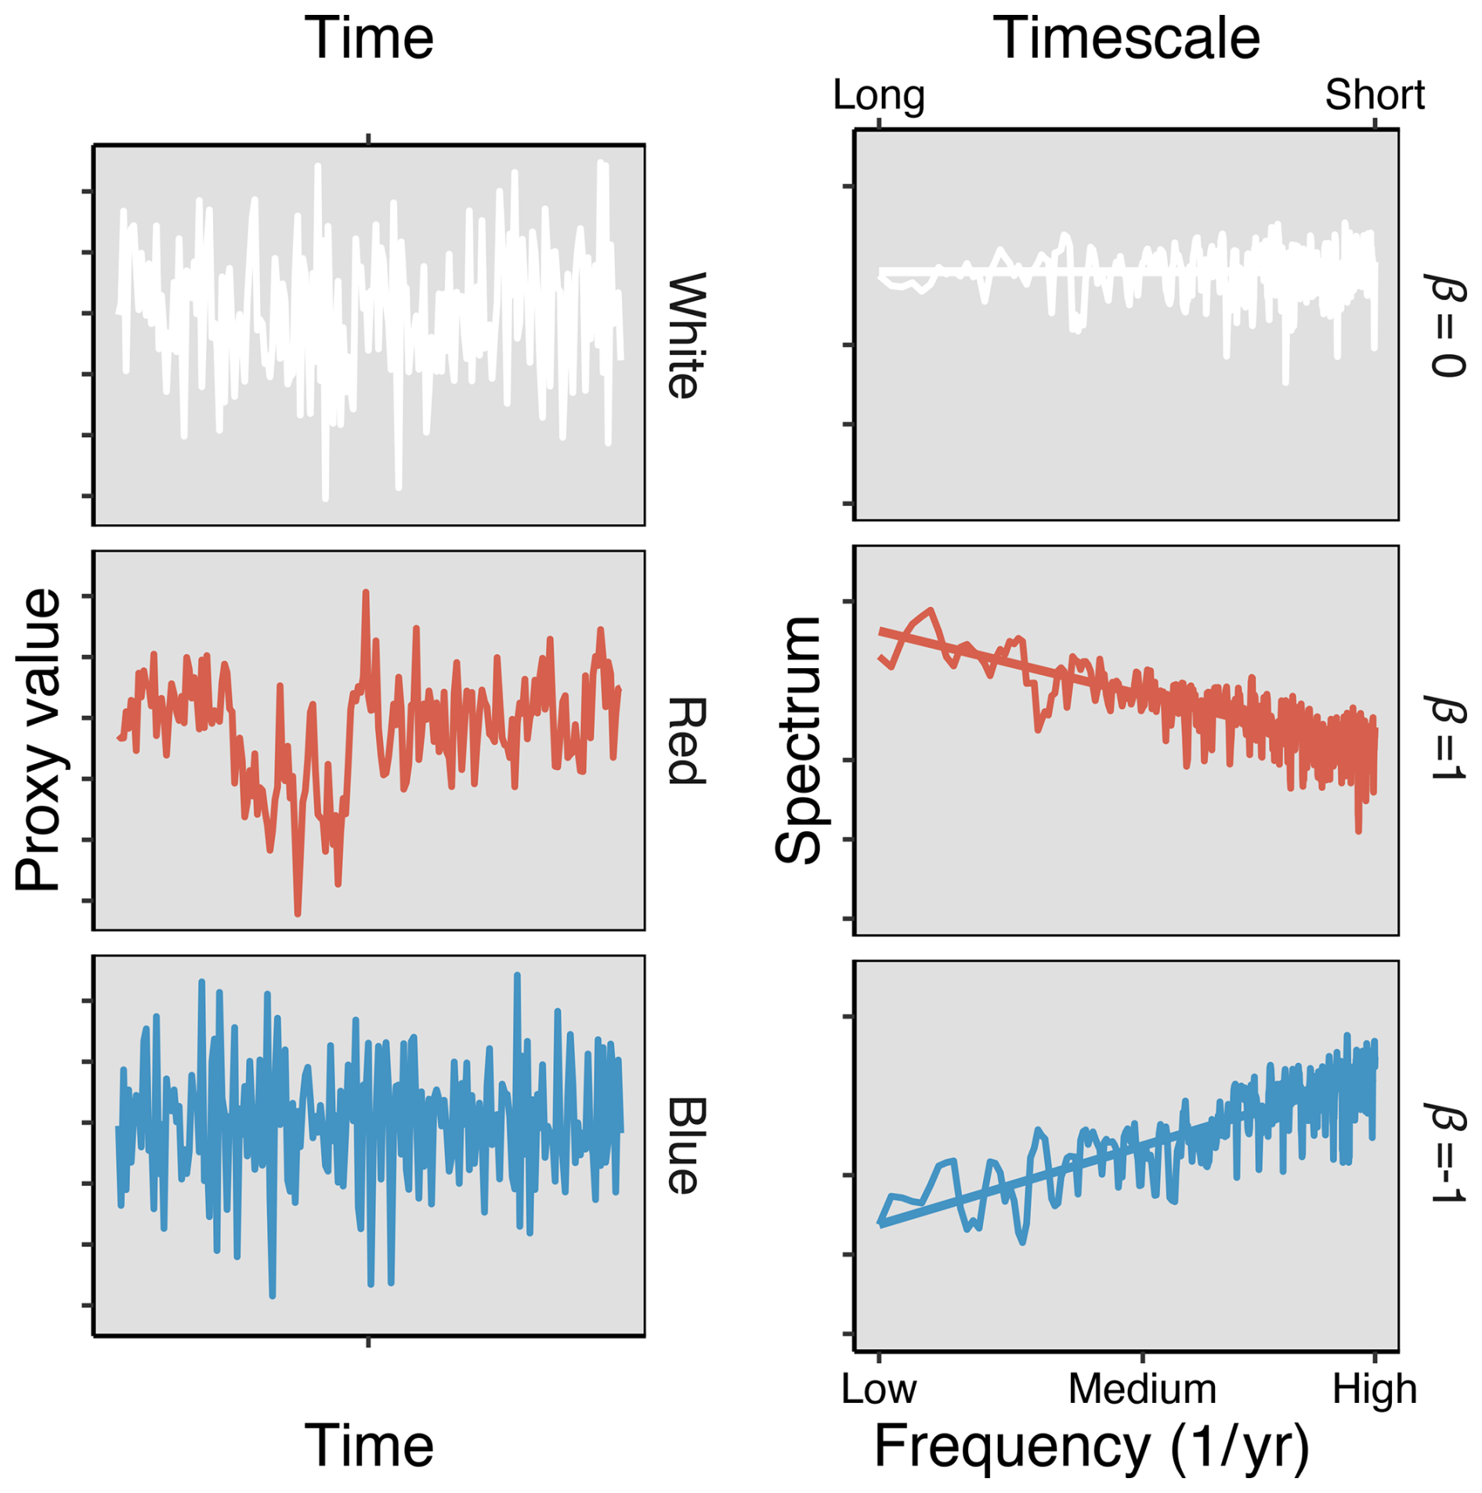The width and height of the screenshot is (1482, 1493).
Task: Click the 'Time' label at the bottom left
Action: coord(368,1445)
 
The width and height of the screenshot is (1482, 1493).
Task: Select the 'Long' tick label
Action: coord(878,96)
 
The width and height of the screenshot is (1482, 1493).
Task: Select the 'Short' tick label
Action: coord(1374,96)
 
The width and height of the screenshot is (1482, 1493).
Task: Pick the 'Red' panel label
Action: coord(686,740)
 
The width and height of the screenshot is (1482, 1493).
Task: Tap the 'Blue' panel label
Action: coord(686,1145)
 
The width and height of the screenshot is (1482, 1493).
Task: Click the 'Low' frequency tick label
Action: coord(878,1390)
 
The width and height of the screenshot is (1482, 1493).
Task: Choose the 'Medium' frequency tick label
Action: coord(1141,1390)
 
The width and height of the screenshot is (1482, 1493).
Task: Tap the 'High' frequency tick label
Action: coord(1374,1390)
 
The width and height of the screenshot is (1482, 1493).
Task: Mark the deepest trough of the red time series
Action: coord(298,913)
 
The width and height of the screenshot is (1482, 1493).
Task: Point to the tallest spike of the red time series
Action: coord(366,593)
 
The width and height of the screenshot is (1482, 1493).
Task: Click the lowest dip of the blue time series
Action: coord(272,1296)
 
